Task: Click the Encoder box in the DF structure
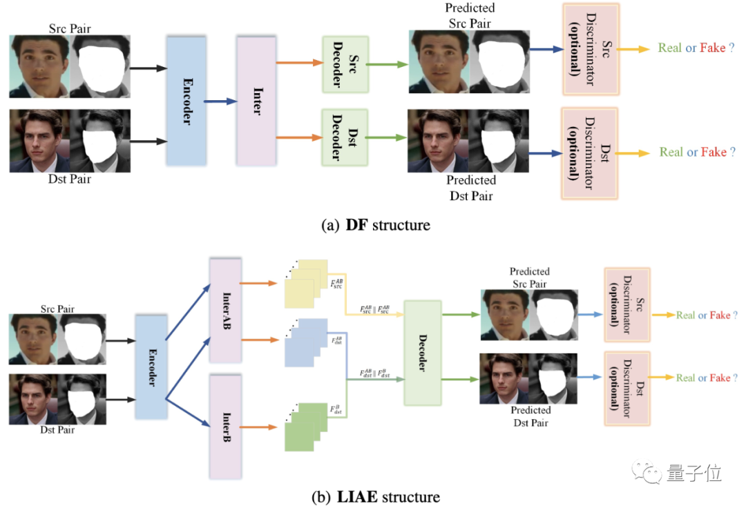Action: [186, 100]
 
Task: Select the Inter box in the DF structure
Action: [256, 100]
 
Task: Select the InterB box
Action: [224, 427]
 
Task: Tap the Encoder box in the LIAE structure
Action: [151, 366]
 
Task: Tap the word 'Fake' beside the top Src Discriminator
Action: [713, 48]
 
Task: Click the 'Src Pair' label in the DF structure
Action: [70, 28]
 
